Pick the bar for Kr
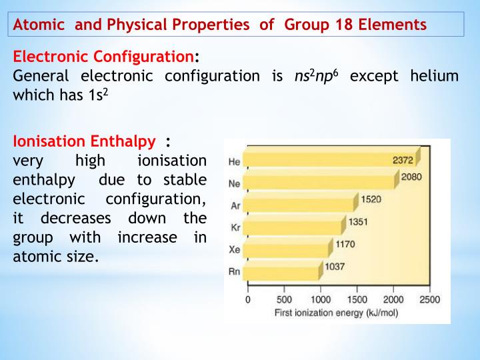click(x=293, y=225)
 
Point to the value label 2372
click(x=403, y=160)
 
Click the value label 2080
click(x=411, y=177)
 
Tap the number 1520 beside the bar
click(x=371, y=199)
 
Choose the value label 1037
click(x=335, y=266)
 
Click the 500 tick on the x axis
click(x=284, y=299)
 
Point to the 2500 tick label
click(x=429, y=299)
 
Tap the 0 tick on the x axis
click(x=248, y=299)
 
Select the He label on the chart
click(x=234, y=162)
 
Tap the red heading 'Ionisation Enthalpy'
click(x=85, y=141)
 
